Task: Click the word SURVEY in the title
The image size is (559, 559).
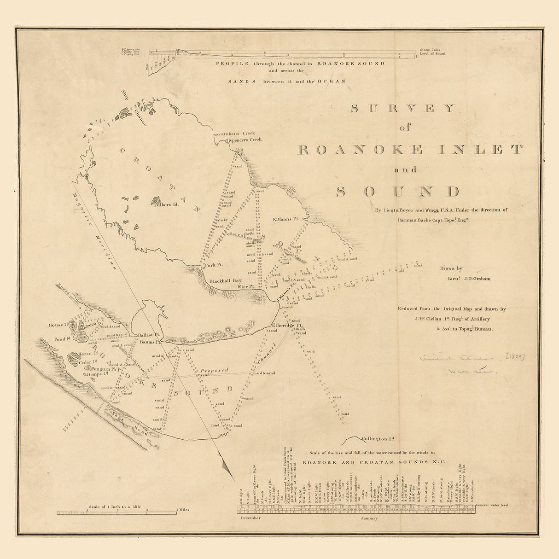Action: coord(403,109)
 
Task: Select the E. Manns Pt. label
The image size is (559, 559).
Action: coord(286,220)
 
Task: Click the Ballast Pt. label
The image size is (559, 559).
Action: coord(148,335)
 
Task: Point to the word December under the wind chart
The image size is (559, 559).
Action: coord(250,518)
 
